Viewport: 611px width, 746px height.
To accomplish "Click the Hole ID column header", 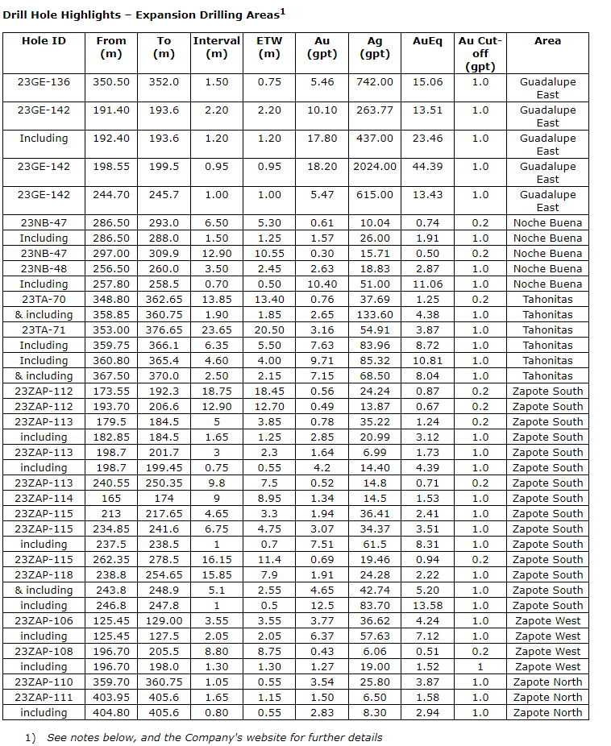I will coord(44,41).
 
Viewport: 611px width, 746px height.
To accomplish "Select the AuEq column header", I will coord(427,41).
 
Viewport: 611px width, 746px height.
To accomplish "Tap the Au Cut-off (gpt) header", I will coord(480,53).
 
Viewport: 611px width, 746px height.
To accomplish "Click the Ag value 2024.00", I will coord(375,167).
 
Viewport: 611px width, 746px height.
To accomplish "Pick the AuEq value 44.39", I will coord(427,167).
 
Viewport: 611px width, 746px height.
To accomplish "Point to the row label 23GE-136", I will coord(44,82).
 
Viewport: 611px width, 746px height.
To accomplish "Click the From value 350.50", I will coord(111,82).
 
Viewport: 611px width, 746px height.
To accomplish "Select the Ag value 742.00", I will coord(375,82).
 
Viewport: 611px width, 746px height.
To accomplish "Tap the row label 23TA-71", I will coord(44,330).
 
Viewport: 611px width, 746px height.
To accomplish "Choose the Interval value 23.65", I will coord(216,330).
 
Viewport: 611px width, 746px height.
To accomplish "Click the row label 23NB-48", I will coord(44,269).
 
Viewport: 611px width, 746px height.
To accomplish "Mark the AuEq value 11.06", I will coord(427,284).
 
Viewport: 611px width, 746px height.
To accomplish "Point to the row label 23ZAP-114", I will coord(44,499).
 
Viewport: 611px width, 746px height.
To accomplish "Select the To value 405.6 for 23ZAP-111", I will coord(164,698).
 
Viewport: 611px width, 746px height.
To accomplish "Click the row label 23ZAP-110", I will coord(44,682).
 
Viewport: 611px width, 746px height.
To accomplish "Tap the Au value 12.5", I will coord(322,606).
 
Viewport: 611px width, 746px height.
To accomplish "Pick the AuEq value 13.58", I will coord(427,606).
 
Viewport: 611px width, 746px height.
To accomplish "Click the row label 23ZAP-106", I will coord(44,621).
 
